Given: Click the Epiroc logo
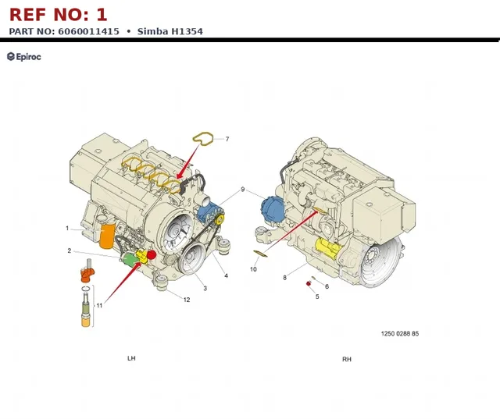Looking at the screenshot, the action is pyautogui.click(x=24, y=57).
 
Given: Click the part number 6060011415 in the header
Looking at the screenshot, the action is pyautogui.click(x=88, y=31).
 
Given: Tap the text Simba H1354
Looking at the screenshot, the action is pyautogui.click(x=170, y=31).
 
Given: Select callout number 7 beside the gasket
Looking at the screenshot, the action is pyautogui.click(x=227, y=139).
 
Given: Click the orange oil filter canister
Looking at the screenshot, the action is pyautogui.click(x=107, y=236).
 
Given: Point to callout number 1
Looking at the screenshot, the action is pyautogui.click(x=67, y=229).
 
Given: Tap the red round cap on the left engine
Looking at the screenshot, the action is pyautogui.click(x=151, y=254).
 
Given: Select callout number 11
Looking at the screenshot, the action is pyautogui.click(x=99, y=306).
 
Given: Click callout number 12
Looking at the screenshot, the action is pyautogui.click(x=187, y=300).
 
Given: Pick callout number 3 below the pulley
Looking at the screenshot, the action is pyautogui.click(x=205, y=289).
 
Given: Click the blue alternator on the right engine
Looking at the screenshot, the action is pyautogui.click(x=272, y=209).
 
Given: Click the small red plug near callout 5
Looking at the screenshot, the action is pyautogui.click(x=309, y=283).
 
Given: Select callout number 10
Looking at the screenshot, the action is pyautogui.click(x=253, y=269).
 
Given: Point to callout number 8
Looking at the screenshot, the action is pyautogui.click(x=284, y=278).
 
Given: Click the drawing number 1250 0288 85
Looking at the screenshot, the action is pyautogui.click(x=400, y=334).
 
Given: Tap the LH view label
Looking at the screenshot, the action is pyautogui.click(x=131, y=358).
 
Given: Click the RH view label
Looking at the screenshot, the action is pyautogui.click(x=347, y=360).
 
